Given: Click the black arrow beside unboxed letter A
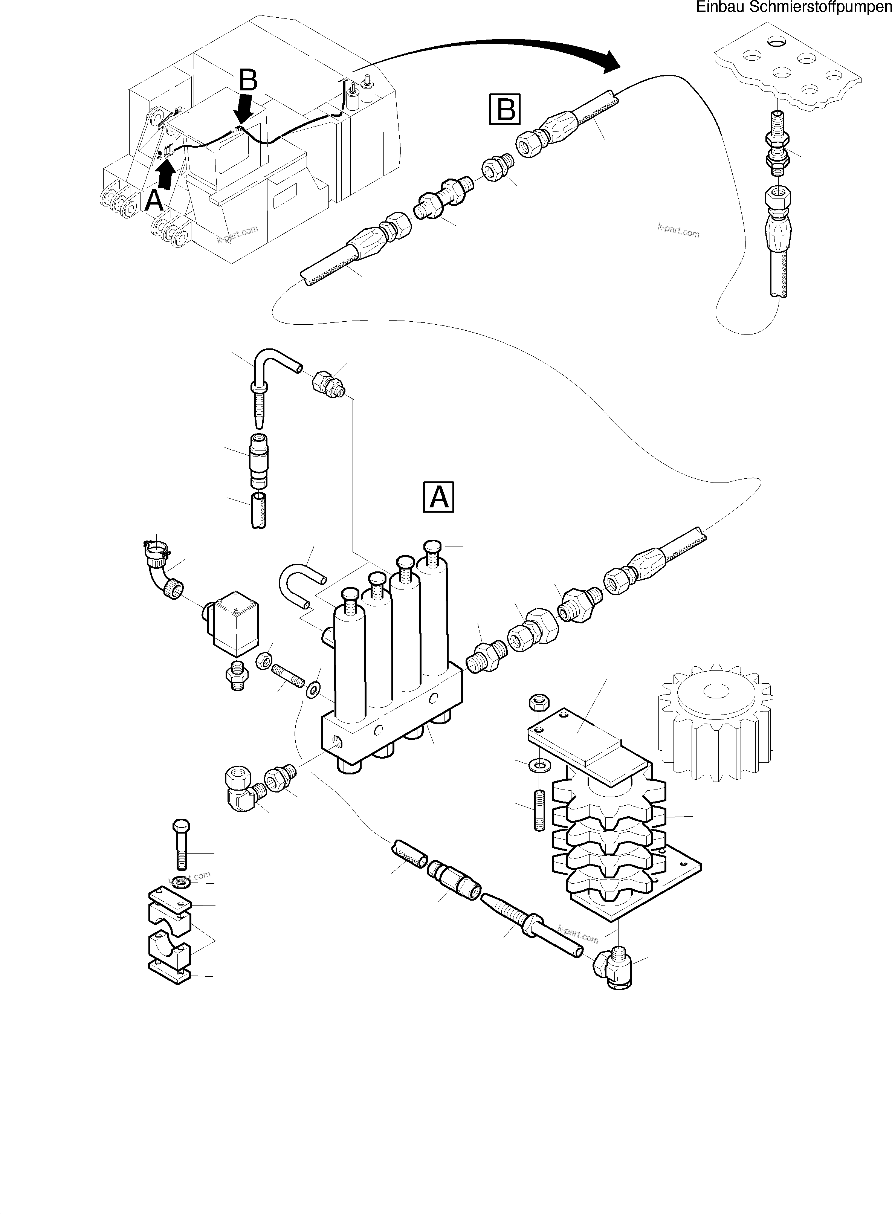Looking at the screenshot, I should point(166,176).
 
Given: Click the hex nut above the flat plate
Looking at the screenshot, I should point(539,702).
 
